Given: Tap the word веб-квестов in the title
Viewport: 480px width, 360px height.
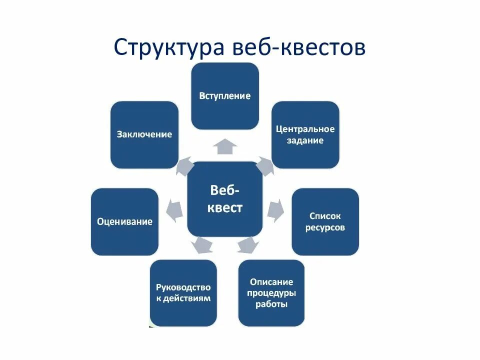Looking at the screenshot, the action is click(x=299, y=47).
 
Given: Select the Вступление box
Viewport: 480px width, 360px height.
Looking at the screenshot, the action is click(x=225, y=96).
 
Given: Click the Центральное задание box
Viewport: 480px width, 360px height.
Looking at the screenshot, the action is click(x=305, y=134).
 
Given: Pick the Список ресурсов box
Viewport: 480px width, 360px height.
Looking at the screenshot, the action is click(x=325, y=222).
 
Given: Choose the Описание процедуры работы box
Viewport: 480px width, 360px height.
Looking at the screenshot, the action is click(x=271, y=293).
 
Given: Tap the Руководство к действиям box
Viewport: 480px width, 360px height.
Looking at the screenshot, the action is click(x=183, y=293).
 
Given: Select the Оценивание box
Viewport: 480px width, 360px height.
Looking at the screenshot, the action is click(x=124, y=222).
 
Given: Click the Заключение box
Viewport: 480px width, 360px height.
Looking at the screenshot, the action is click(x=144, y=134).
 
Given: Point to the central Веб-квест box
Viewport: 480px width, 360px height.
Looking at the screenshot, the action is click(x=225, y=199).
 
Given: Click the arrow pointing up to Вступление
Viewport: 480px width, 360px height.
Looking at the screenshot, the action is click(x=225, y=146).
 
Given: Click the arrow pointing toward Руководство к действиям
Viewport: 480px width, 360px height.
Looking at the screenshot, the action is click(x=202, y=245).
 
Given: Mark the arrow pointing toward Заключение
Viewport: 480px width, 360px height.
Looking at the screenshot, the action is click(x=185, y=165).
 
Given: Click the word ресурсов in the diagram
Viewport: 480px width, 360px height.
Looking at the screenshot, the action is click(x=325, y=228).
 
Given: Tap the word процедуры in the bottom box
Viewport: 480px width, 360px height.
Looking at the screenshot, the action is click(x=271, y=293).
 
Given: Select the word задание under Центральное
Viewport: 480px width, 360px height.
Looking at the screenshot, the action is click(x=305, y=140).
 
